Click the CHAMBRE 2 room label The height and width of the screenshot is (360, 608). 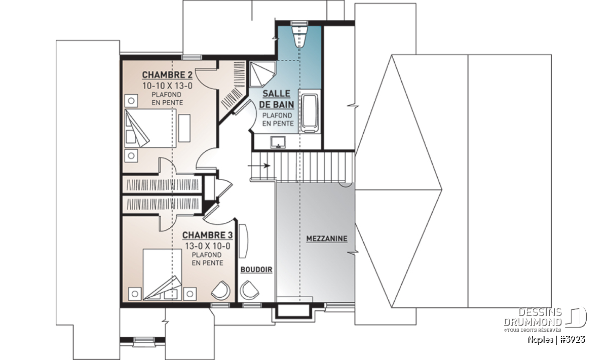coord(167,74)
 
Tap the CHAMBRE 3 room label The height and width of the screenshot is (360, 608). coord(207,235)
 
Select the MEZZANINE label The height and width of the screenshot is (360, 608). coord(327,238)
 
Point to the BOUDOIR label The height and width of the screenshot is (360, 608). coord(256,269)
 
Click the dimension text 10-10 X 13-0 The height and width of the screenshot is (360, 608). coord(168,86)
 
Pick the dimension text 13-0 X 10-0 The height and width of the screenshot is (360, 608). coord(208,246)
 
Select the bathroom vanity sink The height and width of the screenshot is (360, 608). coord(278,143)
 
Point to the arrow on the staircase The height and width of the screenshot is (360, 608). coord(259,166)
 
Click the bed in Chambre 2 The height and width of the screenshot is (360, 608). coord(150,128)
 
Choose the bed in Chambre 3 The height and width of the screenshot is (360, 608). coord(162,274)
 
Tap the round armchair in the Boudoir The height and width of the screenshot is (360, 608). coord(249,290)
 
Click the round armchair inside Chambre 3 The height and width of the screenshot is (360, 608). coord(221,290)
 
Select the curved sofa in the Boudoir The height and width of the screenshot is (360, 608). coord(243,241)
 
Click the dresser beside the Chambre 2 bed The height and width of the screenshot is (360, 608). coord(184,128)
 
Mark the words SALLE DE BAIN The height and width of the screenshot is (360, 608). coord(277,99)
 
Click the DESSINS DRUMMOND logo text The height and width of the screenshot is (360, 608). coord(533,317)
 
